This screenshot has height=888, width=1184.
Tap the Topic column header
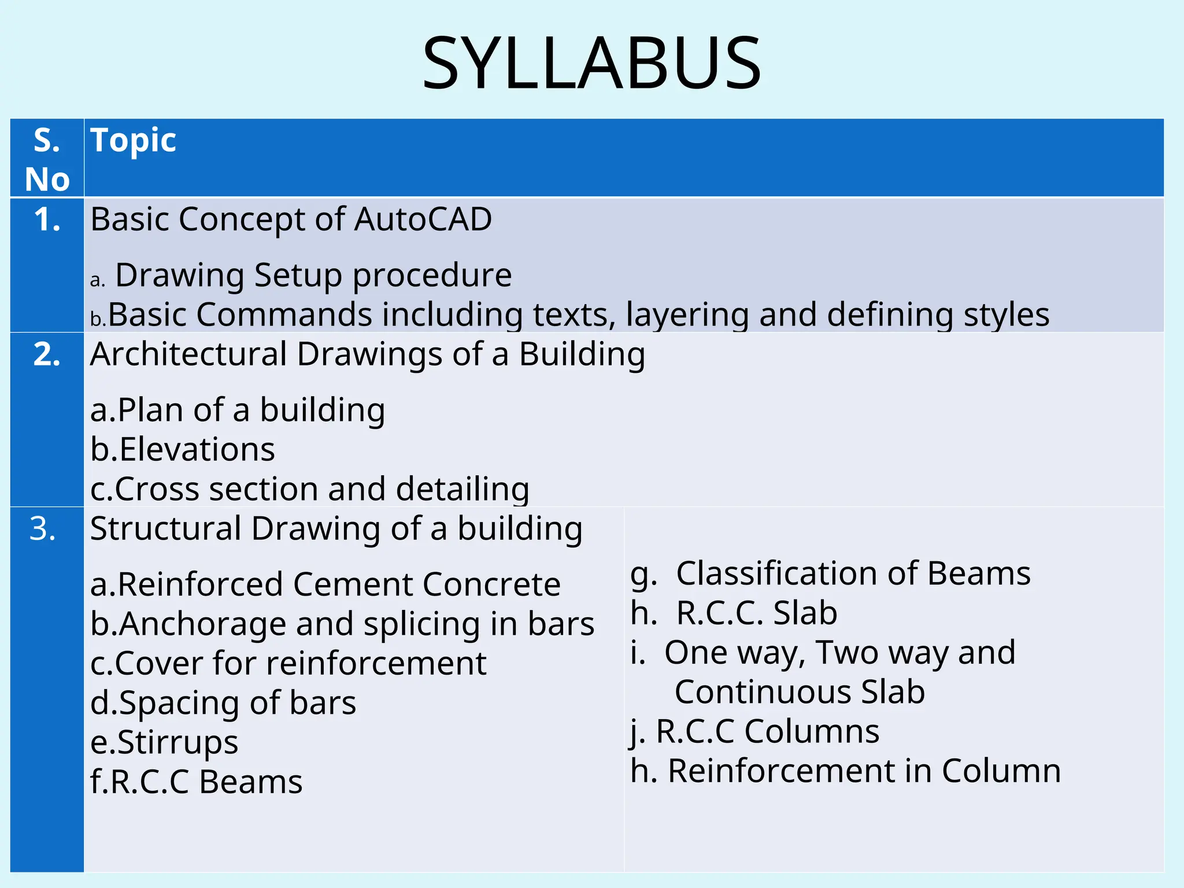pos(133,140)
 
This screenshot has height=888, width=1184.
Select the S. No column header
pos(47,159)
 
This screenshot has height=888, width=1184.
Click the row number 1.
pos(47,220)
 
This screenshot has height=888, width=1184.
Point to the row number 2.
pos(47,354)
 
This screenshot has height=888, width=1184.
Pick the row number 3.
pos(43,529)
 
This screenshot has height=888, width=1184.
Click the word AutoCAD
pos(423,220)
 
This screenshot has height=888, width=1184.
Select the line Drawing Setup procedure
pos(313,275)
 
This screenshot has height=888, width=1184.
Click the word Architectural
pos(188,354)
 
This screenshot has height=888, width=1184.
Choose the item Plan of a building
pos(238,410)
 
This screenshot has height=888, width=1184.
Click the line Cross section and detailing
pos(310,489)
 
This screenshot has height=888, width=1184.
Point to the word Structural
pos(165,529)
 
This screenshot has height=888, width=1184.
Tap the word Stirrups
pos(177,743)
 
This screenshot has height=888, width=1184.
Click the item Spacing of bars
pos(223,703)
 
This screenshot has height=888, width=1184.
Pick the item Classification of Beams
pos(830,574)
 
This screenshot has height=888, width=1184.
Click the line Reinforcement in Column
pos(846,771)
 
